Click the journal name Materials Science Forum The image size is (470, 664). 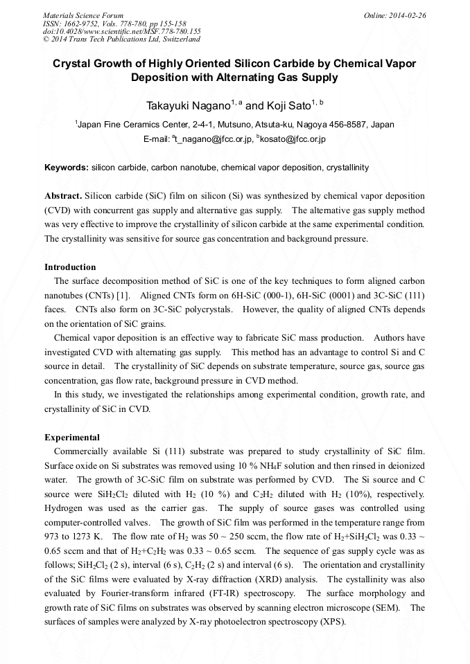coord(83,15)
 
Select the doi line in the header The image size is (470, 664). coord(121,31)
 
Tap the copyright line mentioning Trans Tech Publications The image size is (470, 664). coord(121,39)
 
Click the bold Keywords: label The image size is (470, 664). coord(67,168)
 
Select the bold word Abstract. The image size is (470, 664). coord(63,196)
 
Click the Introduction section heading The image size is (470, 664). coord(70,267)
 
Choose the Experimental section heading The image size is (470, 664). coord(72,438)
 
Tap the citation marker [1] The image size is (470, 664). coord(122,295)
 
